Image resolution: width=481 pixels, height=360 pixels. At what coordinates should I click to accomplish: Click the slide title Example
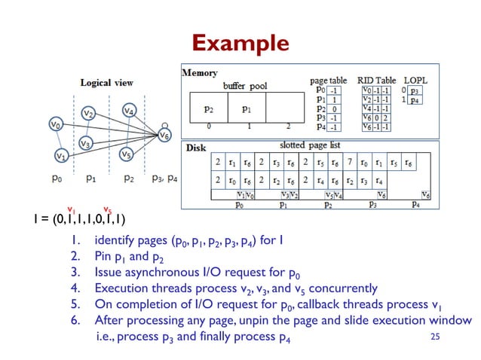[x=240, y=43]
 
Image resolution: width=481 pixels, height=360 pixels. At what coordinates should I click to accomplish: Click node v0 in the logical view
[x=55, y=123]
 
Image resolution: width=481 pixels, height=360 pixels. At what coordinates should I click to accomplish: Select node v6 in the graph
[x=164, y=136]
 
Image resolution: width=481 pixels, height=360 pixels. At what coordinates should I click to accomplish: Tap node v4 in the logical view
[x=129, y=111]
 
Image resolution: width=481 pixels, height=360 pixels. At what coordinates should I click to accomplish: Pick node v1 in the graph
[x=61, y=156]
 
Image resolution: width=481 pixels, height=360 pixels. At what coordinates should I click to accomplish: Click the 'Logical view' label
[x=106, y=82]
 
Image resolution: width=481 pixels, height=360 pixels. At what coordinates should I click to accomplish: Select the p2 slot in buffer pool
[x=208, y=108]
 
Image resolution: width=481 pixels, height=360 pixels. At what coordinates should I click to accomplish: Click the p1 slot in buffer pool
[x=246, y=108]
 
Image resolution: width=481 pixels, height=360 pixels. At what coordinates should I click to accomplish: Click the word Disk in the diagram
[x=196, y=148]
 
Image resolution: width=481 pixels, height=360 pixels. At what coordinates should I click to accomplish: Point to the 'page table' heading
[x=328, y=80]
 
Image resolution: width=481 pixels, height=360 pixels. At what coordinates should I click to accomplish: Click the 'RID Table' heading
[x=376, y=80]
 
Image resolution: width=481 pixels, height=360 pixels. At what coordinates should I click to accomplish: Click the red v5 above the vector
[x=107, y=209]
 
